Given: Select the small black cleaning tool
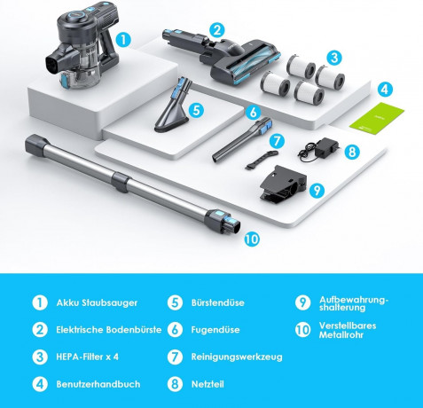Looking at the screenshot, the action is (262, 160).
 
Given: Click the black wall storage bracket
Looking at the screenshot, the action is (283, 186).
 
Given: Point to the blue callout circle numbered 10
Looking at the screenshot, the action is (252, 239).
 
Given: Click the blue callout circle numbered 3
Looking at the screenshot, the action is (334, 58).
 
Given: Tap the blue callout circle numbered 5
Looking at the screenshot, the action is (196, 110).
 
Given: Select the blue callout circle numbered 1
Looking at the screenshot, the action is (123, 39).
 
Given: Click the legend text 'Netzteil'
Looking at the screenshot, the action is (208, 384).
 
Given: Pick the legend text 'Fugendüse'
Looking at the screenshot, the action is (215, 330).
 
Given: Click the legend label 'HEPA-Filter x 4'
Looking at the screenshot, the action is (87, 357).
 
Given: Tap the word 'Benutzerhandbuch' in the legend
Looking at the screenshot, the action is (98, 384).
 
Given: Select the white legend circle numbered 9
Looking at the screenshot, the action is (303, 302).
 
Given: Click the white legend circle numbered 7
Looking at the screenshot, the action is (175, 357).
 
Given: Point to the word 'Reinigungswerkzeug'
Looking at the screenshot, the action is (237, 357).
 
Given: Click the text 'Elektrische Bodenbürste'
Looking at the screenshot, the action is (109, 330).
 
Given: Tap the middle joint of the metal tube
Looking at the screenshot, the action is (121, 182).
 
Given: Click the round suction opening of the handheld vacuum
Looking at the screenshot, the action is (53, 64).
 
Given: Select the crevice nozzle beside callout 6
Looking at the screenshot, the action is (242, 139).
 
